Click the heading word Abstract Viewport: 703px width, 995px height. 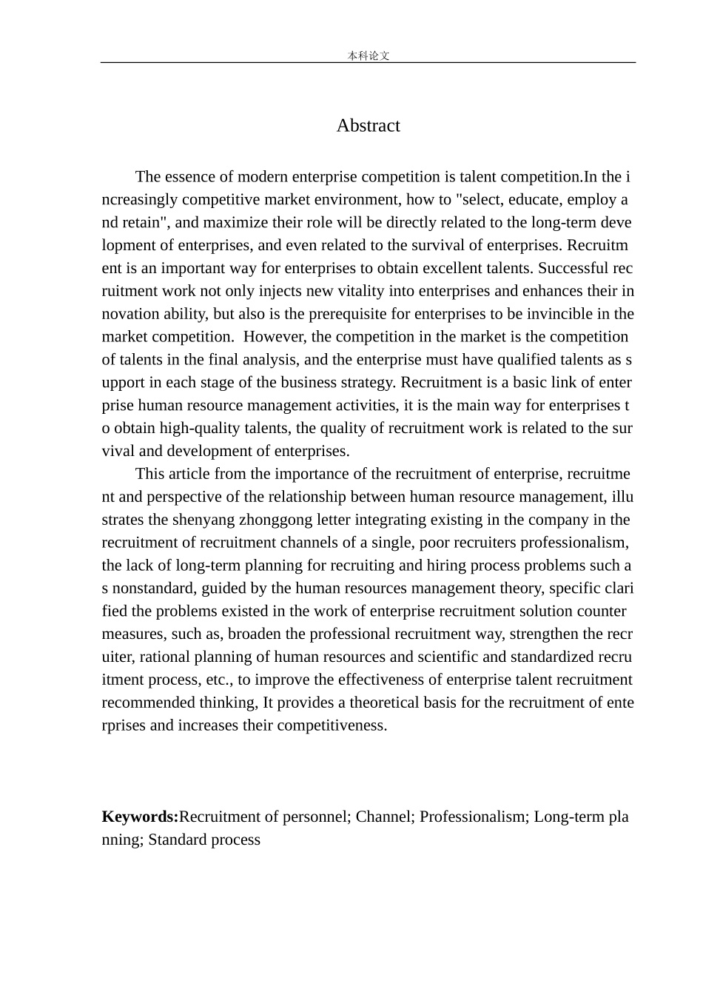click(368, 126)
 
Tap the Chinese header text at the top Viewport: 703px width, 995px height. click(368, 56)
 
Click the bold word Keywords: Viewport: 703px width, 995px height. click(140, 817)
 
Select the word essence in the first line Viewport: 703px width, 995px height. click(188, 177)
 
